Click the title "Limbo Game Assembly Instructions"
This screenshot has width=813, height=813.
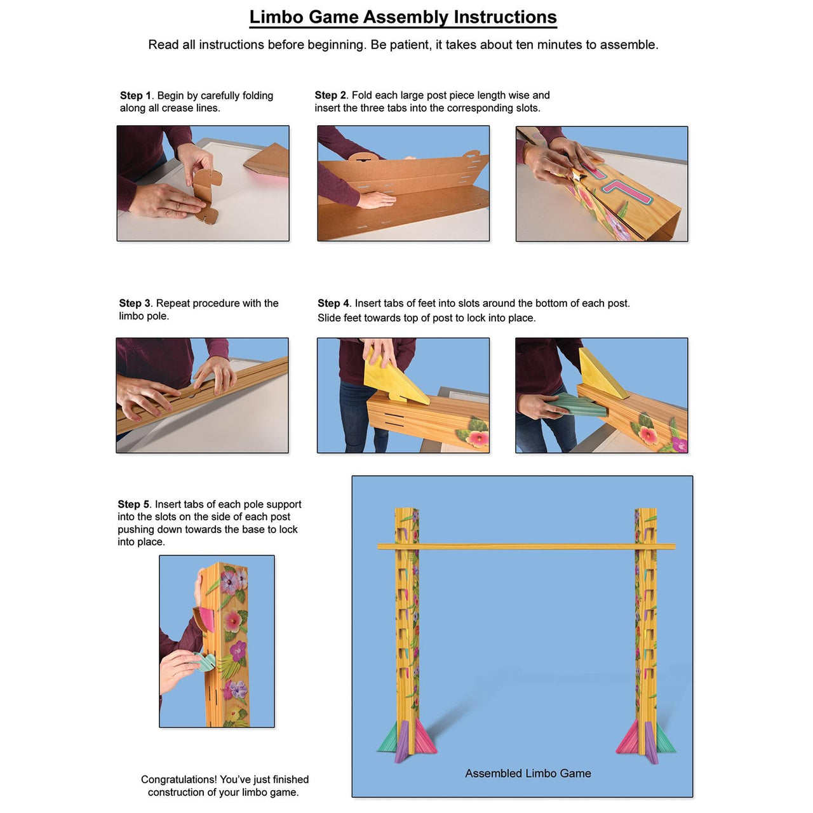tap(403, 17)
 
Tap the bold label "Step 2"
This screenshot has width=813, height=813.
tap(330, 95)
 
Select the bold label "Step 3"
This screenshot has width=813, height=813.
tap(135, 303)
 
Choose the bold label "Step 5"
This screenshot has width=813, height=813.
tap(133, 504)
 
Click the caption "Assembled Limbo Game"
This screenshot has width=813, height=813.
tap(528, 773)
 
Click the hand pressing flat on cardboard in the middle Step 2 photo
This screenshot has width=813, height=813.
tap(377, 201)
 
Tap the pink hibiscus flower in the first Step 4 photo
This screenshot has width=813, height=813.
tap(476, 438)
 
